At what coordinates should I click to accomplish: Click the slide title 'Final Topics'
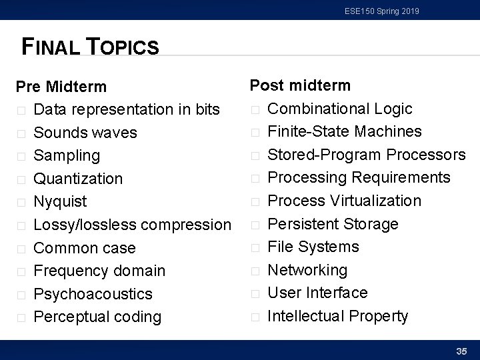[x=91, y=47]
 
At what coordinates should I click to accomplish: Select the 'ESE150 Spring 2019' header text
[x=382, y=11]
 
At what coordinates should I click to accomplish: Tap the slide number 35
[x=461, y=351]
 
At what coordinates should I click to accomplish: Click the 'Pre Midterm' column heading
[x=61, y=87]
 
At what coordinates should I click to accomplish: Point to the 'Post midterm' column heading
[x=299, y=85]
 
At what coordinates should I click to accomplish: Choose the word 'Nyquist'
[x=60, y=201]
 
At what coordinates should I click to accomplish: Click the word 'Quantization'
[x=78, y=179]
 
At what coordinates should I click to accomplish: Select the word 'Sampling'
[x=67, y=155]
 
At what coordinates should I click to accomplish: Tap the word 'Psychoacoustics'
[x=93, y=294]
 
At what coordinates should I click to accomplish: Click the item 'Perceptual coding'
[x=97, y=317]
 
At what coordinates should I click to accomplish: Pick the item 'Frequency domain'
[x=99, y=271]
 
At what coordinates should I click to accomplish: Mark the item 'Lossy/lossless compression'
[x=132, y=225]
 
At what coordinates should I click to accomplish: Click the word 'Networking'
[x=307, y=270]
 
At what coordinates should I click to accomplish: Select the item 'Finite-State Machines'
[x=345, y=131]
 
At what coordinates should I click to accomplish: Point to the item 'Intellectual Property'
[x=337, y=316]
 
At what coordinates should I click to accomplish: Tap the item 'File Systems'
[x=313, y=247]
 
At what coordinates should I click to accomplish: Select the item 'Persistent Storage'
[x=333, y=224]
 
